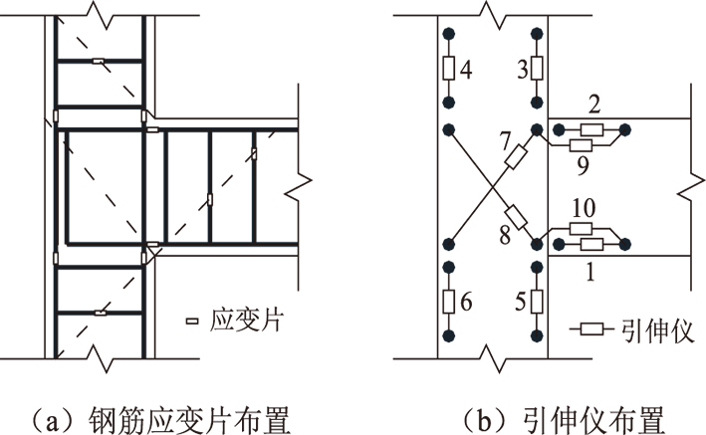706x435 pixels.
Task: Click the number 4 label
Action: tap(467, 69)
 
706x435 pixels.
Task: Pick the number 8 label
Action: tap(504, 234)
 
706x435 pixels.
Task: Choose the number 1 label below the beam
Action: tap(593, 269)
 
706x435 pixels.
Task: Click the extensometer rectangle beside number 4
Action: tap(449, 69)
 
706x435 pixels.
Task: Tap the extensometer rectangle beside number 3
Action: tap(538, 69)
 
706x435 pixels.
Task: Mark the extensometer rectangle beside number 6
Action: tap(449, 300)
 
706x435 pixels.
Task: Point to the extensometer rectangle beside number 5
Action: tap(538, 300)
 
